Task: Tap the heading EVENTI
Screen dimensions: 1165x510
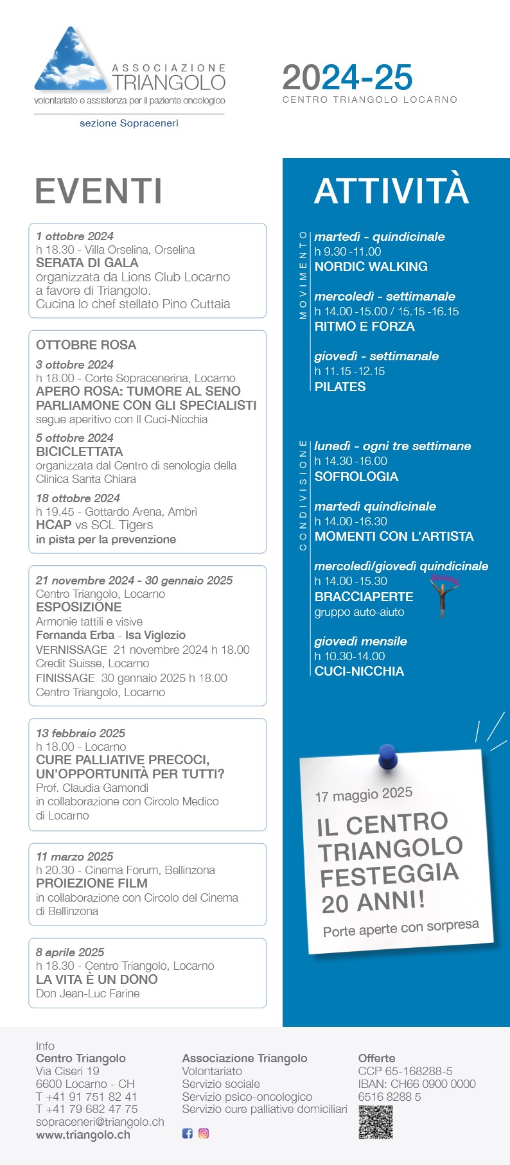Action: (x=99, y=191)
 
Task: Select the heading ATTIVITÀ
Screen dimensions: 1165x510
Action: (x=391, y=190)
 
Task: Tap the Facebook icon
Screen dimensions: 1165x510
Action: (x=188, y=1134)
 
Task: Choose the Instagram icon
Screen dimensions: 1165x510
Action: (x=204, y=1134)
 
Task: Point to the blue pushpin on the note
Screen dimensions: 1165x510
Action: (x=387, y=756)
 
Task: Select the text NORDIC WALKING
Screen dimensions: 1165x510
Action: (x=371, y=267)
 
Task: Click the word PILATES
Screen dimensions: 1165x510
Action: (x=340, y=387)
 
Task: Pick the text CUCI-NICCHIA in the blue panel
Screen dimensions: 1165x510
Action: (x=359, y=671)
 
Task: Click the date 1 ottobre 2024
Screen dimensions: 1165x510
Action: (x=75, y=236)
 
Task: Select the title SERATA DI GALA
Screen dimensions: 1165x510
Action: (x=87, y=263)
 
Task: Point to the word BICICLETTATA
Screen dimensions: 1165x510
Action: (x=80, y=451)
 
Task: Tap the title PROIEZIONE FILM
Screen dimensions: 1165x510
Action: (x=92, y=883)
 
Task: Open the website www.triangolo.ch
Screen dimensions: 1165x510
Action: (x=83, y=1135)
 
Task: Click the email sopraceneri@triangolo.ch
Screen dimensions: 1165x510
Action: (x=100, y=1122)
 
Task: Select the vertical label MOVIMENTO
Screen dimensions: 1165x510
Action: (x=303, y=276)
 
